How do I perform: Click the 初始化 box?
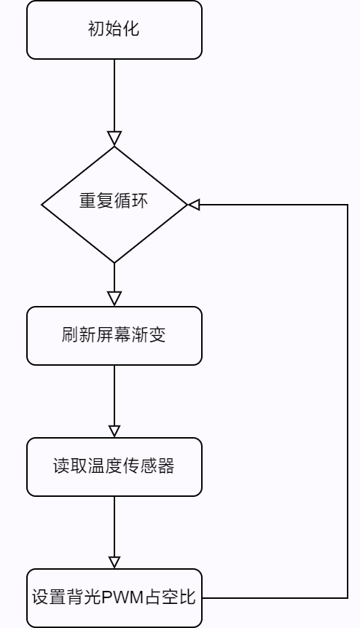tap(114, 30)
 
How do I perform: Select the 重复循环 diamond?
tap(114, 205)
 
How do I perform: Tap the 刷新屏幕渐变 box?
tap(114, 336)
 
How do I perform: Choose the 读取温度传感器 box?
tap(114, 467)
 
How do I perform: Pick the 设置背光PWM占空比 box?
tap(114, 598)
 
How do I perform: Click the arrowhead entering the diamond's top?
tap(114, 138)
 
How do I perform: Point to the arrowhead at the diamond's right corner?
tap(194, 205)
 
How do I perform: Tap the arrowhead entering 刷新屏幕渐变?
tap(114, 299)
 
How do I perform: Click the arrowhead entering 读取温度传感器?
tap(114, 431)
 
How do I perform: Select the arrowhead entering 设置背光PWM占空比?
tap(114, 562)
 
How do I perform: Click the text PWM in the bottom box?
tap(122, 597)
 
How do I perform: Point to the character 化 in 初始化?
tap(131, 29)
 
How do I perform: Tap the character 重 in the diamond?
tap(87, 200)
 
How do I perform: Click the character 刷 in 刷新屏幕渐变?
tap(70, 334)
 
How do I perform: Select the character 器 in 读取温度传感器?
tap(166, 466)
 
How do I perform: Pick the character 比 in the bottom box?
tap(187, 597)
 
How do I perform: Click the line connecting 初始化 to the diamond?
tap(114, 95)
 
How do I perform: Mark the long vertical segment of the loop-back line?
tap(347, 401)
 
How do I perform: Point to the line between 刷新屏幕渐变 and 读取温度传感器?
tap(114, 396)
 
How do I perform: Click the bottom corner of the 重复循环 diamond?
tap(114, 263)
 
